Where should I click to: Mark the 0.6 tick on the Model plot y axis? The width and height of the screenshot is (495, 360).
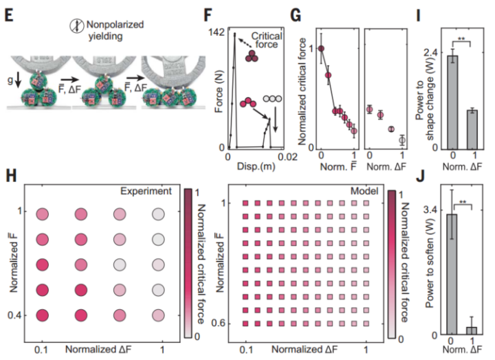[220, 321]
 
